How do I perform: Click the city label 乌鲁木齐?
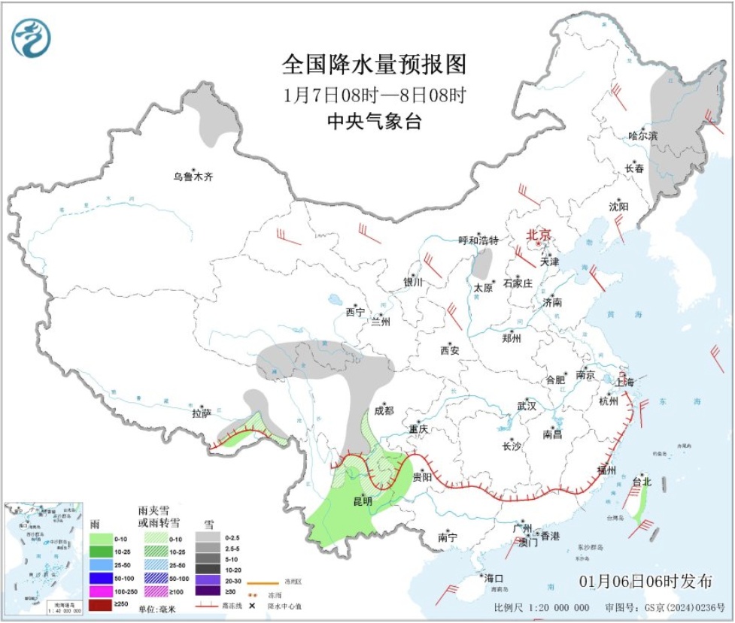coord(193,178)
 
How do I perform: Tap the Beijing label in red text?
coord(539,234)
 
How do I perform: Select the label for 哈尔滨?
coord(642,136)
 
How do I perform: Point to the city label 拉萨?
coord(201,413)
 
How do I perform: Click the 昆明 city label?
coord(363,501)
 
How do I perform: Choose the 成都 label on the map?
coord(383,410)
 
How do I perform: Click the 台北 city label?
coord(641,481)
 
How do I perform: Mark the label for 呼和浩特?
coord(478,240)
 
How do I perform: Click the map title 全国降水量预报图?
coord(374,65)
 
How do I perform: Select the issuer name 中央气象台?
coord(374,120)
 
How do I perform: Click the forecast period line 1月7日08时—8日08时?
coord(374,95)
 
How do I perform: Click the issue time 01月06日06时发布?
coord(645,582)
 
